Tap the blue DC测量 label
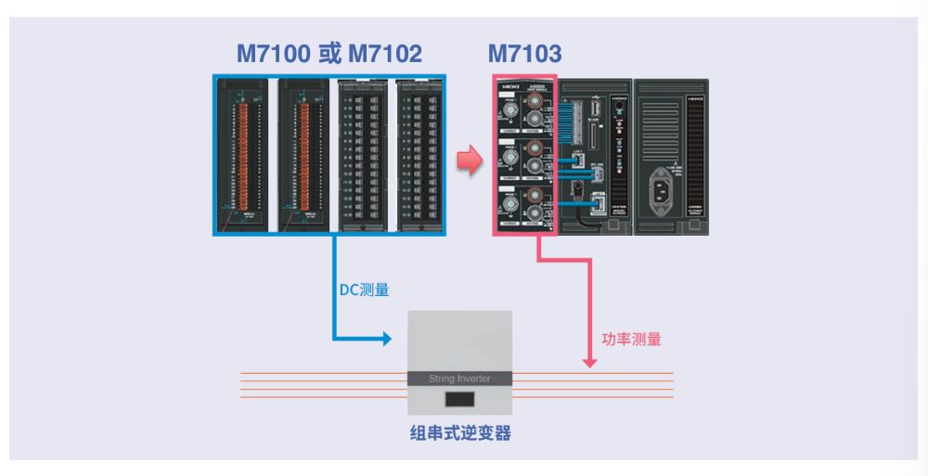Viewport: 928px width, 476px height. point(363,290)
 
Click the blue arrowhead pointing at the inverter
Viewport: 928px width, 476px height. point(386,338)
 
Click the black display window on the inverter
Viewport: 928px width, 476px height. point(461,402)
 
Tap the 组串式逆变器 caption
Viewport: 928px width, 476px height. point(460,433)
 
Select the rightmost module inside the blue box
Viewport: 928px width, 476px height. point(419,155)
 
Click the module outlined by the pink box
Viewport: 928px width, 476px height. point(524,155)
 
